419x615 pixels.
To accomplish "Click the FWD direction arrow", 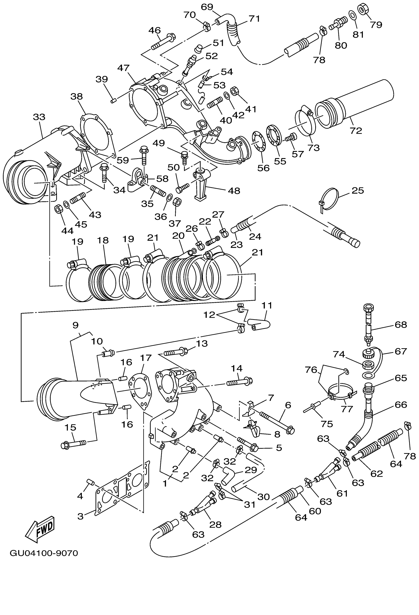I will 40,528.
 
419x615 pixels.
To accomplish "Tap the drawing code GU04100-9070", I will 44,553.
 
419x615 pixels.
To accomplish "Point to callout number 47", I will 123,68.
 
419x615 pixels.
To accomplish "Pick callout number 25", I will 358,190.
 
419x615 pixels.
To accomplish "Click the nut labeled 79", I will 362,9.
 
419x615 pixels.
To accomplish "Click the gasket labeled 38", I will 97,135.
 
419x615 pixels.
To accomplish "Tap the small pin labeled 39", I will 114,101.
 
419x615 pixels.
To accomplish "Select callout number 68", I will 401,325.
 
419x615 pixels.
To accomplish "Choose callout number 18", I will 103,240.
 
